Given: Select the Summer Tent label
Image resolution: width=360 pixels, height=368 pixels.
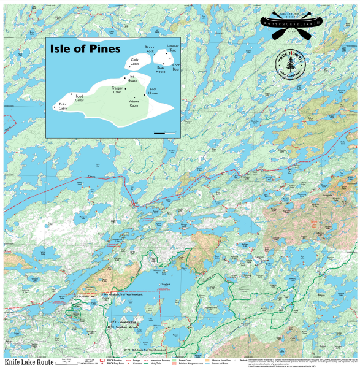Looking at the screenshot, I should [172, 47].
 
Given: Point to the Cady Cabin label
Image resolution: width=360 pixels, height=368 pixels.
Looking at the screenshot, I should [135, 61].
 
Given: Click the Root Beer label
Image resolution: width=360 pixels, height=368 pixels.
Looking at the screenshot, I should [176, 67].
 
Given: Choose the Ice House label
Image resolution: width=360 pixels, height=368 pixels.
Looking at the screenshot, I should [132, 79].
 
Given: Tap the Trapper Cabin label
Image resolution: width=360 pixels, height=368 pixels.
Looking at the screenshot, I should [118, 90].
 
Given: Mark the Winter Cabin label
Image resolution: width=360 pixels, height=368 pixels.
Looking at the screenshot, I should [134, 104].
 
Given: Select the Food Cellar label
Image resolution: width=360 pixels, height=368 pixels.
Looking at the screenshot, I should [79, 98].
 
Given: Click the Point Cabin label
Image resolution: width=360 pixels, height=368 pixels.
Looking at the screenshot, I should [63, 107].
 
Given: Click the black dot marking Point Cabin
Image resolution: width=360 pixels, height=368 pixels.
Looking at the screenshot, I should [54, 108].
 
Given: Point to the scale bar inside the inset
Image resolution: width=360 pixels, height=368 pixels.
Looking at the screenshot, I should [160, 132].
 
